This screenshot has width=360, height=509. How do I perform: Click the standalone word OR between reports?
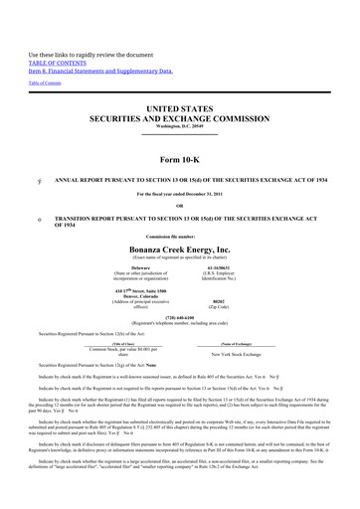click(x=179, y=206)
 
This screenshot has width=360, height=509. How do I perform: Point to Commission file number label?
click(x=179, y=235)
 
